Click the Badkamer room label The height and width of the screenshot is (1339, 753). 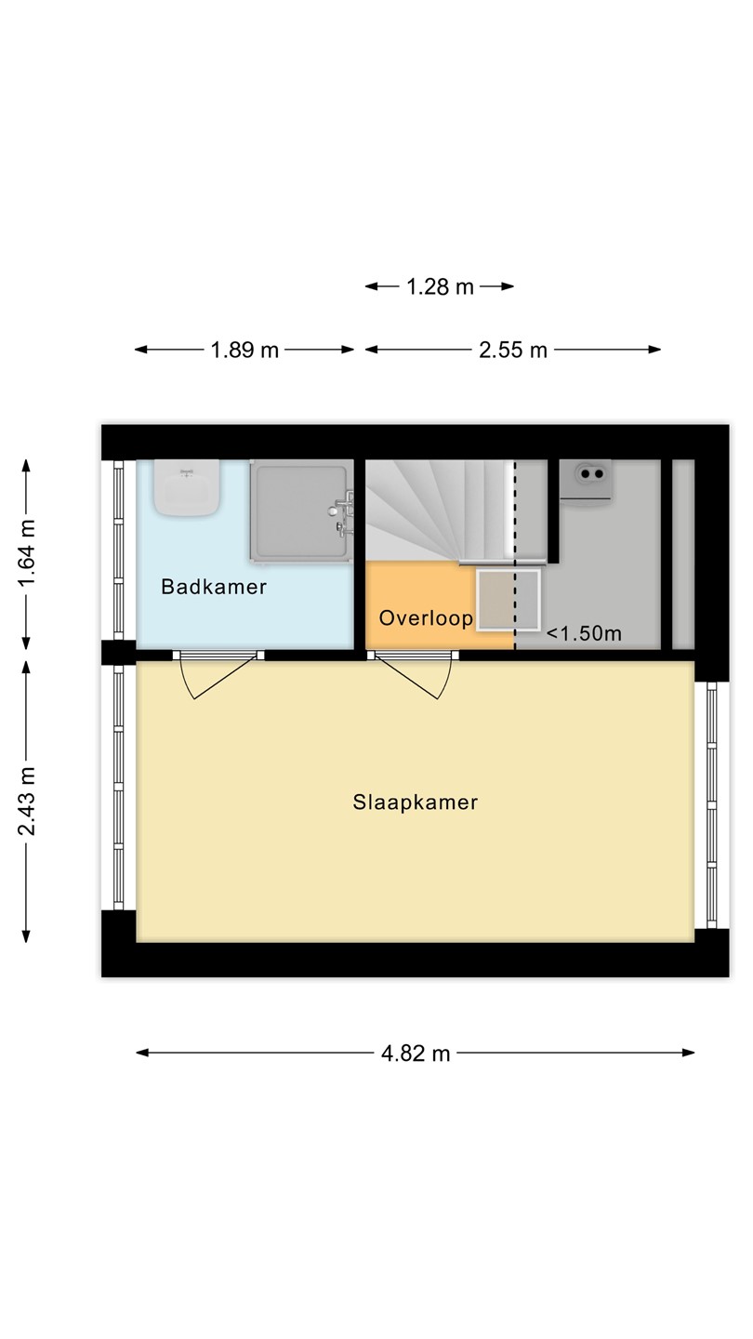[x=214, y=587]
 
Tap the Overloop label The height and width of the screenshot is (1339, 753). [x=426, y=617]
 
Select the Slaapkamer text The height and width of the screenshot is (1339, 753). [x=416, y=802]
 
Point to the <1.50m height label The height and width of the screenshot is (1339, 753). [x=584, y=633]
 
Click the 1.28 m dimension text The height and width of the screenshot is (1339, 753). [x=440, y=287]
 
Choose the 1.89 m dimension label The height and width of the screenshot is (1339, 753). [x=244, y=350]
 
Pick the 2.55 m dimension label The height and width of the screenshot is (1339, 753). [x=513, y=350]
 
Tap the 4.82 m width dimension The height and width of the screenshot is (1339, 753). [x=416, y=1053]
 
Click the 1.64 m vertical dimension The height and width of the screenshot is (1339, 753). [x=27, y=553]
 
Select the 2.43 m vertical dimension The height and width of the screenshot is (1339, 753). [x=27, y=801]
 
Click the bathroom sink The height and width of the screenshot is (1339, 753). [x=187, y=488]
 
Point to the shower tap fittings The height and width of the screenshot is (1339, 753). [x=342, y=512]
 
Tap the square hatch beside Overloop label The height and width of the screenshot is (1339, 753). [x=508, y=599]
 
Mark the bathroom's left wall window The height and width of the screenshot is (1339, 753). [x=118, y=550]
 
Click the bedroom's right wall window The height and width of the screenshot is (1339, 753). [x=711, y=805]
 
